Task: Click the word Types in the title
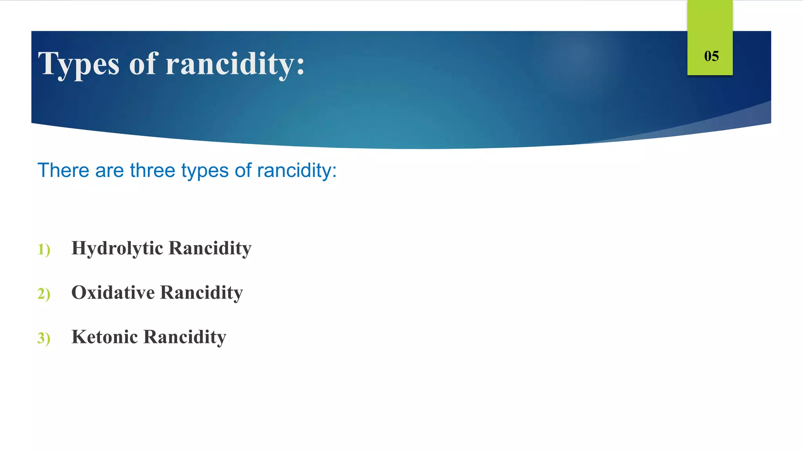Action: pos(78,64)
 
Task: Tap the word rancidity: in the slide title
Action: pos(235,63)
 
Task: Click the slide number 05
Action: pos(711,56)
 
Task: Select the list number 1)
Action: pos(44,249)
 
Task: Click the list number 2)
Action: pos(44,294)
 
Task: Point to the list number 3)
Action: pos(44,338)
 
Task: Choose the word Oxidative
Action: pos(113,292)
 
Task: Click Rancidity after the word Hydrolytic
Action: pos(210,249)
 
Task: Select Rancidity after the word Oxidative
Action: pos(202,292)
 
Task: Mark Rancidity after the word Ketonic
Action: pos(185,337)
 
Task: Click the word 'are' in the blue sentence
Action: pos(110,171)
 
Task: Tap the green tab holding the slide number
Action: pos(710,23)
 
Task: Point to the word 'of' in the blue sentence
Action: pos(243,170)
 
